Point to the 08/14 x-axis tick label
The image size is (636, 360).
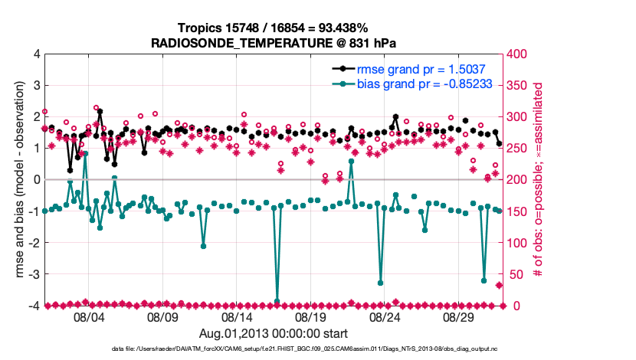click(237, 316)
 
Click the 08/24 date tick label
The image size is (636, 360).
click(385, 316)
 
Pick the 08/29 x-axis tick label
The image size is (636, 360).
click(459, 316)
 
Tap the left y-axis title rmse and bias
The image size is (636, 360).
click(18, 180)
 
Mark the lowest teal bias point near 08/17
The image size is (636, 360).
click(277, 302)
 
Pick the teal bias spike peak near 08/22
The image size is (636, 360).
click(351, 162)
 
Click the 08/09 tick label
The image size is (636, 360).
click(162, 316)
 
